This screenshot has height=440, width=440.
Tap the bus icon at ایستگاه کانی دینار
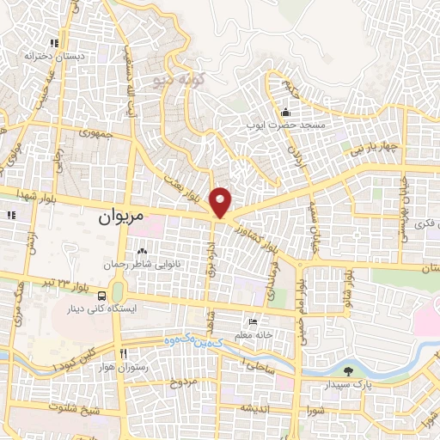[103, 296]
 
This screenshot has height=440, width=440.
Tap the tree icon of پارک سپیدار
[348, 372]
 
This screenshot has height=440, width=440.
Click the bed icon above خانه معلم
[253, 321]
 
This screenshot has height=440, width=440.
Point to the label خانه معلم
[257, 334]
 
